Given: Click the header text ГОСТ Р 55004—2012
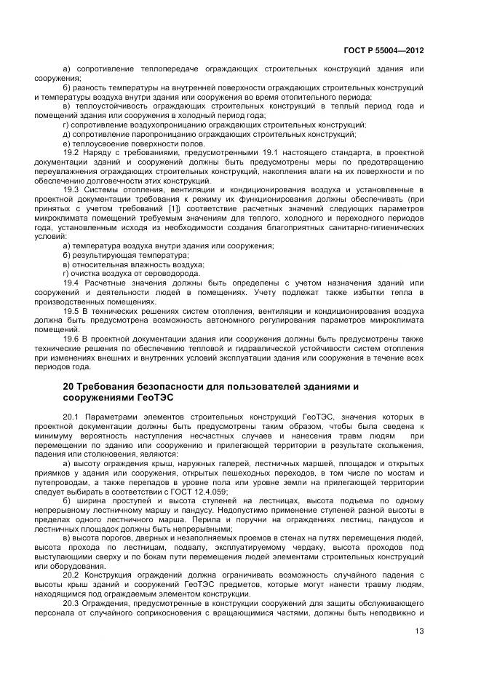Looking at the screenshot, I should (x=383, y=50).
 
